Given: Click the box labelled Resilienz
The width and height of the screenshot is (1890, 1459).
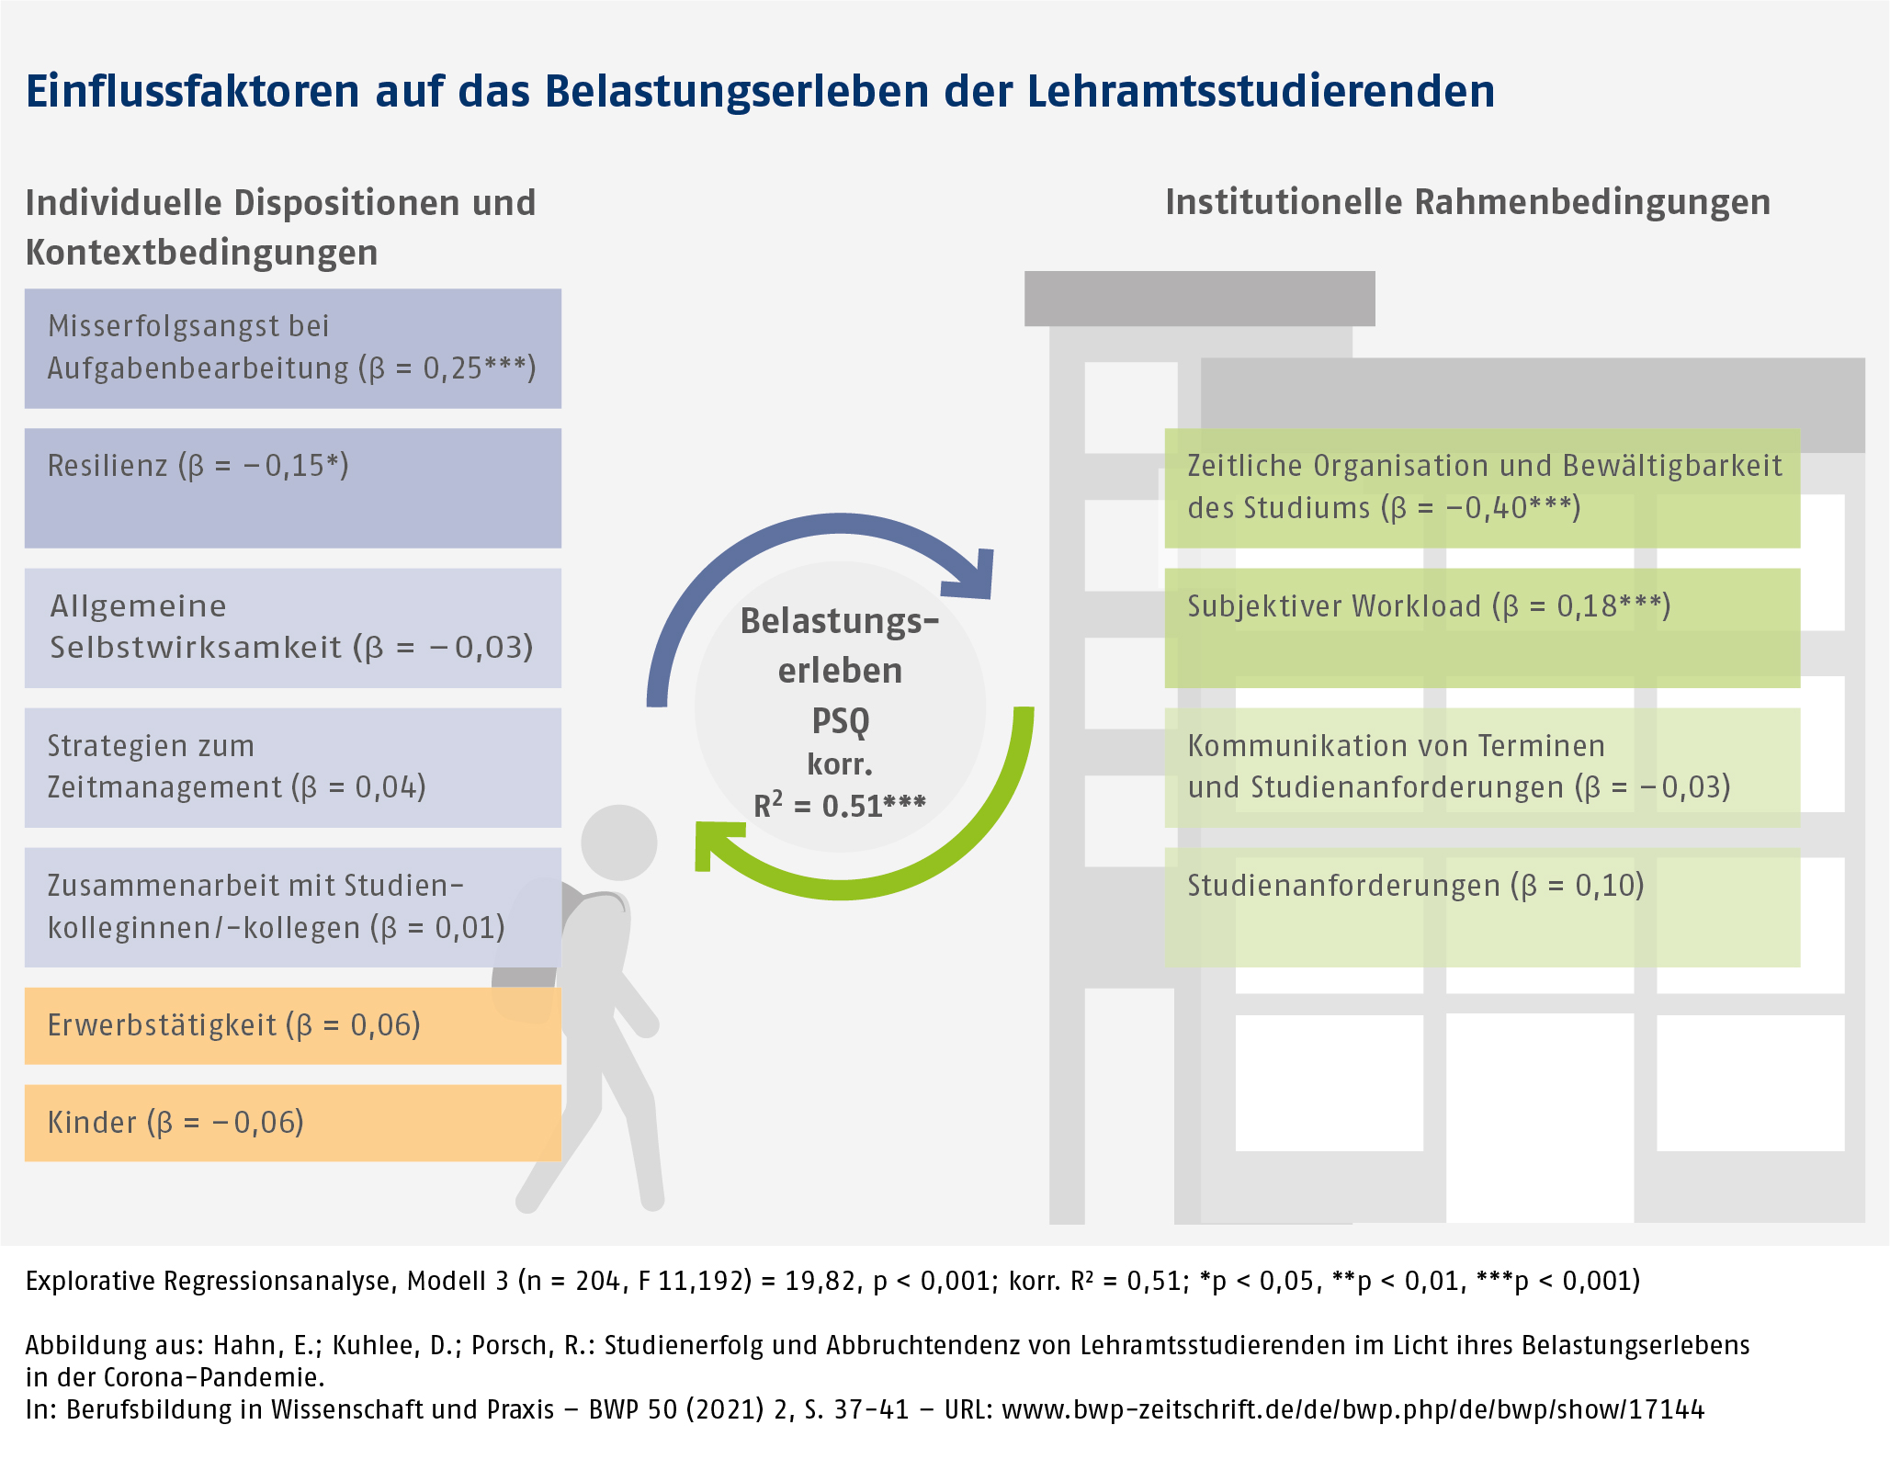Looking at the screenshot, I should pos(292,488).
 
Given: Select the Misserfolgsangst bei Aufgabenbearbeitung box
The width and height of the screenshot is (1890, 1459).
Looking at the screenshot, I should pos(292,348).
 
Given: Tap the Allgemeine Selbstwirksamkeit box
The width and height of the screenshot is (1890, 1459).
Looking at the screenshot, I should pos(292,628).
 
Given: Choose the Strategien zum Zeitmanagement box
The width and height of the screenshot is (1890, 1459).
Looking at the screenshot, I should pos(292,767).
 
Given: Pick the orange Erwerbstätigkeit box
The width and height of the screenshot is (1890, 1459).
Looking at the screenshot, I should pos(292,1025).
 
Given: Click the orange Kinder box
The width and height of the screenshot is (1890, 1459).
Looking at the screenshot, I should pos(292,1123).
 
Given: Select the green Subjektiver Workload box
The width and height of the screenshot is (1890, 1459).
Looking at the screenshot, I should pos(1481,628).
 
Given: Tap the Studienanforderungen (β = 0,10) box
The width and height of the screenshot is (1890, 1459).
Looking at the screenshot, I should pos(1481,907).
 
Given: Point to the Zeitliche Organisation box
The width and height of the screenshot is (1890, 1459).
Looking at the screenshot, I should pos(1481,488).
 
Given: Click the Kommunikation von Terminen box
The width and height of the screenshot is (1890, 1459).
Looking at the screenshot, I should pos(1481,767).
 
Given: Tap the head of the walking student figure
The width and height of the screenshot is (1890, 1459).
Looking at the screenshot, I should pos(619,843).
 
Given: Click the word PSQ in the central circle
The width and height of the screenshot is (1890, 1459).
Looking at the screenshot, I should pos(840,720).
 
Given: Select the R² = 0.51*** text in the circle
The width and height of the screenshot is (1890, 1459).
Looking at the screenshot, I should pos(840,806).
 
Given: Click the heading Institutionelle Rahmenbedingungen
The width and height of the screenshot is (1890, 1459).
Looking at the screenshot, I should pos(1467,202).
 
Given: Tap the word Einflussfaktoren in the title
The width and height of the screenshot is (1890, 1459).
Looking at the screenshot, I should pos(192,91).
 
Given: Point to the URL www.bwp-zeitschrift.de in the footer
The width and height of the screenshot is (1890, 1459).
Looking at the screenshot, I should pos(1352,1409).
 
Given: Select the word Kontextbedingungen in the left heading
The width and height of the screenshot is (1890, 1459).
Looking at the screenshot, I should pos(201,252).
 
